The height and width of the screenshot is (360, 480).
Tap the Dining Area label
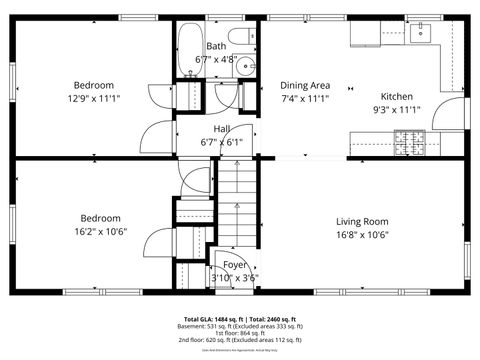(x=305, y=86)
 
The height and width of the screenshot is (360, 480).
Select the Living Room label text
(x=361, y=222)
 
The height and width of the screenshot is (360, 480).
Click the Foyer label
(x=235, y=265)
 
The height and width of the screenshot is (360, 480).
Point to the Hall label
(x=221, y=129)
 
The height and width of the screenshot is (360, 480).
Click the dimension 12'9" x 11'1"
(x=93, y=98)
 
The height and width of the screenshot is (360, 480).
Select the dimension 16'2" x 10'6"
(x=100, y=232)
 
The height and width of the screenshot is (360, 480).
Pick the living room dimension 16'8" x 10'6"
(x=361, y=235)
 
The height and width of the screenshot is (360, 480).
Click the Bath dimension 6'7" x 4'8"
(x=216, y=60)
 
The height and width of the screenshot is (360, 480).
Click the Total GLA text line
(x=240, y=317)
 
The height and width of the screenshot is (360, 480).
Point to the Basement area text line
(x=240, y=326)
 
